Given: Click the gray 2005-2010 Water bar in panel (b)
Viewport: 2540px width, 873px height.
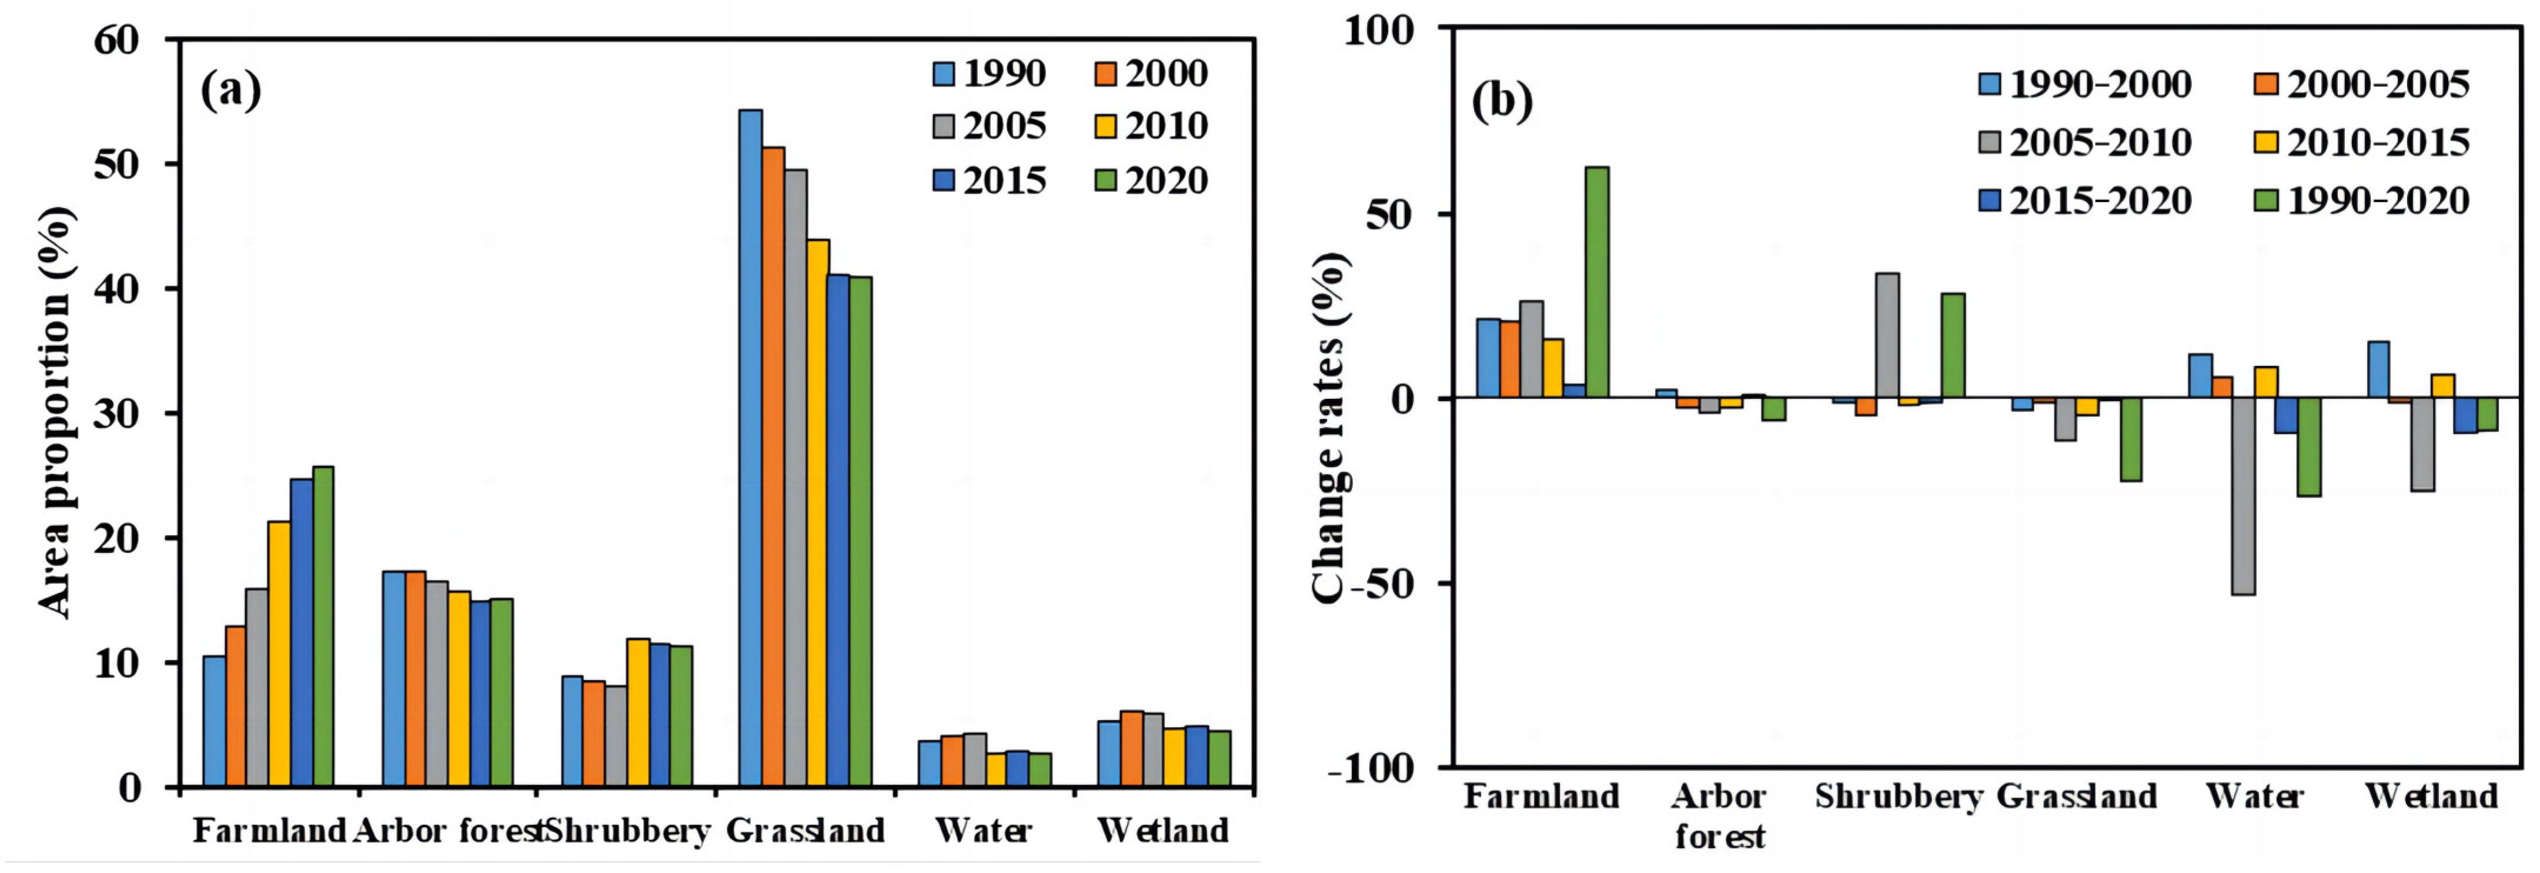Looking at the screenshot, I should click(x=2243, y=496).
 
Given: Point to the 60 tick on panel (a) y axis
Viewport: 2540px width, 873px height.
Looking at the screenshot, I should click(x=118, y=39).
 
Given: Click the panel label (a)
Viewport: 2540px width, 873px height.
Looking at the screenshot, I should click(x=230, y=91).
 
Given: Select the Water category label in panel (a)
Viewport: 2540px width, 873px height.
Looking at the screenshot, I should click(x=983, y=831).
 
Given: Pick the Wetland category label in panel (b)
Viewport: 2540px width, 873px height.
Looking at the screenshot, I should click(x=2432, y=796).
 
